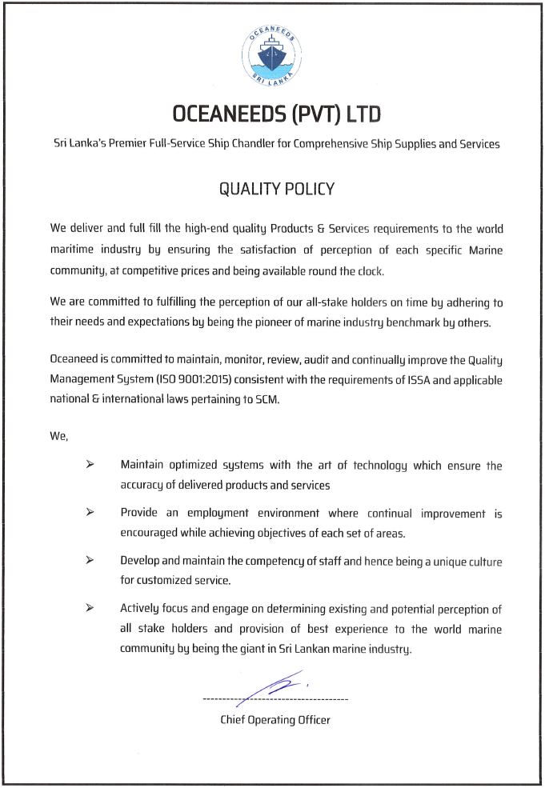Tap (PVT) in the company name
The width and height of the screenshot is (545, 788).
316,114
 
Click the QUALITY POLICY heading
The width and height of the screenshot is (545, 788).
276,190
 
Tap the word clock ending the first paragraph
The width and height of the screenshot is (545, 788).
370,271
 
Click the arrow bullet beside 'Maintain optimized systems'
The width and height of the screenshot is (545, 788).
90,465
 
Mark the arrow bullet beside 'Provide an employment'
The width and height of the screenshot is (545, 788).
90,513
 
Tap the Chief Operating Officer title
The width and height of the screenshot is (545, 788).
275,720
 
